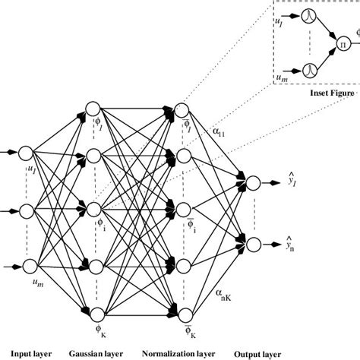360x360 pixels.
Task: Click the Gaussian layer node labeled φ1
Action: click(94, 109)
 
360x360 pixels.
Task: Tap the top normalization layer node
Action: click(182, 109)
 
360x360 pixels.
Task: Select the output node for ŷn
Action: click(254, 244)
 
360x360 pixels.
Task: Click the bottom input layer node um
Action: click(31, 264)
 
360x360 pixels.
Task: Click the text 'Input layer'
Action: click(27, 353)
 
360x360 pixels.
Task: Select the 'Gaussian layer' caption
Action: click(97, 353)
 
